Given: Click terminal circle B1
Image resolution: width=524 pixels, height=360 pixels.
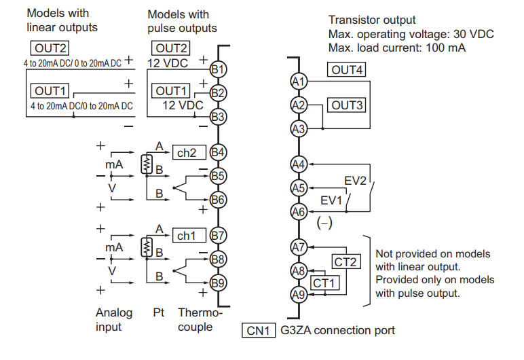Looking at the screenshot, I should (x=217, y=69).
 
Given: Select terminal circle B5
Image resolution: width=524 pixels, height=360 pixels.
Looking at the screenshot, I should (x=217, y=176).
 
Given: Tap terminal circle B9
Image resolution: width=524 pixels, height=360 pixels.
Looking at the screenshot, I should (x=217, y=283).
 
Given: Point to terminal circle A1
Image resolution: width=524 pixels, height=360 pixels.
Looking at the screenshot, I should (x=298, y=81).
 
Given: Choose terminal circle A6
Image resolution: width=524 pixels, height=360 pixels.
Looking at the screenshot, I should (x=298, y=212).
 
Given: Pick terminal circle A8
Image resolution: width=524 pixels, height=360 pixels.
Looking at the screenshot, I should (x=298, y=271).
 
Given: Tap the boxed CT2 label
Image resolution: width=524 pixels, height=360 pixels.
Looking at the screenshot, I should (x=346, y=261).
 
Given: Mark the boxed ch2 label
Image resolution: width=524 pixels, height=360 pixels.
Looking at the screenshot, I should (x=187, y=153).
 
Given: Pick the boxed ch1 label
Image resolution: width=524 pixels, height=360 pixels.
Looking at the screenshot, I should (x=187, y=236).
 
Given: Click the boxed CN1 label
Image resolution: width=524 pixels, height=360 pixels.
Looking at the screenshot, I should (x=259, y=331).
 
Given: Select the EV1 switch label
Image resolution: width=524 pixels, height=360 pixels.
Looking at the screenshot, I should (x=331, y=200).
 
